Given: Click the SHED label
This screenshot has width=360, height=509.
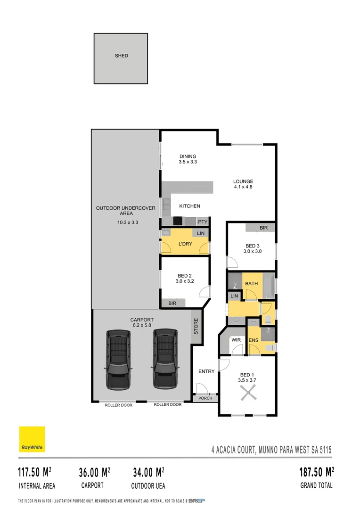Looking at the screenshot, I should [121, 56].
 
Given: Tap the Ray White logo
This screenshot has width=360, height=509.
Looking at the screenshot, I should [32, 439].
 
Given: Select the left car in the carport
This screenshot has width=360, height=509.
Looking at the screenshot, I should [118, 358].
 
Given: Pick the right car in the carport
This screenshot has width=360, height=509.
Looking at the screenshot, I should [164, 358].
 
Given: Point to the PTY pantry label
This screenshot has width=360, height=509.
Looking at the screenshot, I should [203, 222].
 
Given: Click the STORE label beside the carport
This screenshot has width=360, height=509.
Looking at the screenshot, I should [196, 326].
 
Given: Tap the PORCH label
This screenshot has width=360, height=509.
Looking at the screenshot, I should [205, 398].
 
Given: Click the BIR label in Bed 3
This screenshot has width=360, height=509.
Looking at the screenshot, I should [263, 228].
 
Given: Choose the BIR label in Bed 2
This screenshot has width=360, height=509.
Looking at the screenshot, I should [172, 303].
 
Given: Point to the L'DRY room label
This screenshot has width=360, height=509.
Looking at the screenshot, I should [185, 244].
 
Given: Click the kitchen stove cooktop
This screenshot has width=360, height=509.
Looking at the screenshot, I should [178, 220].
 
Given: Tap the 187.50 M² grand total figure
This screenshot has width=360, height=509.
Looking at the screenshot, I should [317, 472].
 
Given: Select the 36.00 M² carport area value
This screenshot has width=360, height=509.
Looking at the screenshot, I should [95, 472].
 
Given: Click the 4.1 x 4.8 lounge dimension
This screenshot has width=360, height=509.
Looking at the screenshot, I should [243, 187].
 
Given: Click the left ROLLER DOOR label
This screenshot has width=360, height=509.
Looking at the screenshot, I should [118, 405].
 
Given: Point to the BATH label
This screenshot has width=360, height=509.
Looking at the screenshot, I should [251, 283].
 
